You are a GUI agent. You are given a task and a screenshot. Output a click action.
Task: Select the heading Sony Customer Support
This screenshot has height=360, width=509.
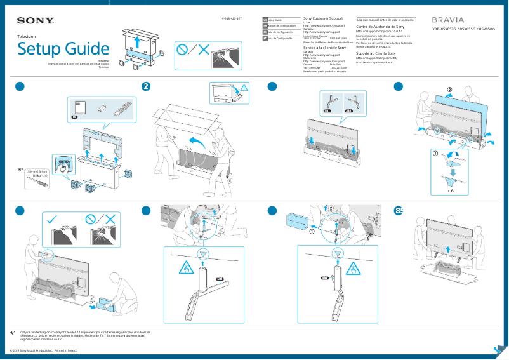324,19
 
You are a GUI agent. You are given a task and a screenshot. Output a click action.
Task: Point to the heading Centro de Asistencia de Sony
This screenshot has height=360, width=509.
380,27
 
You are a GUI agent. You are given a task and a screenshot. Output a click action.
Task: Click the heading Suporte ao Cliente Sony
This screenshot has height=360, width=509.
376,53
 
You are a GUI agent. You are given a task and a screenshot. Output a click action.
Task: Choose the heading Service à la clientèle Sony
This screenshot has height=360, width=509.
325,48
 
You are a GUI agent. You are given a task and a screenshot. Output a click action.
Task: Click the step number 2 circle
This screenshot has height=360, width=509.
146,87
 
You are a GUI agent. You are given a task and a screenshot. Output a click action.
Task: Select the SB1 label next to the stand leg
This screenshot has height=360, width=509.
220,279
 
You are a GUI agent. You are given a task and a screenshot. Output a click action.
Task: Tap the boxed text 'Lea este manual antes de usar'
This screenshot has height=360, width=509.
385,20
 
